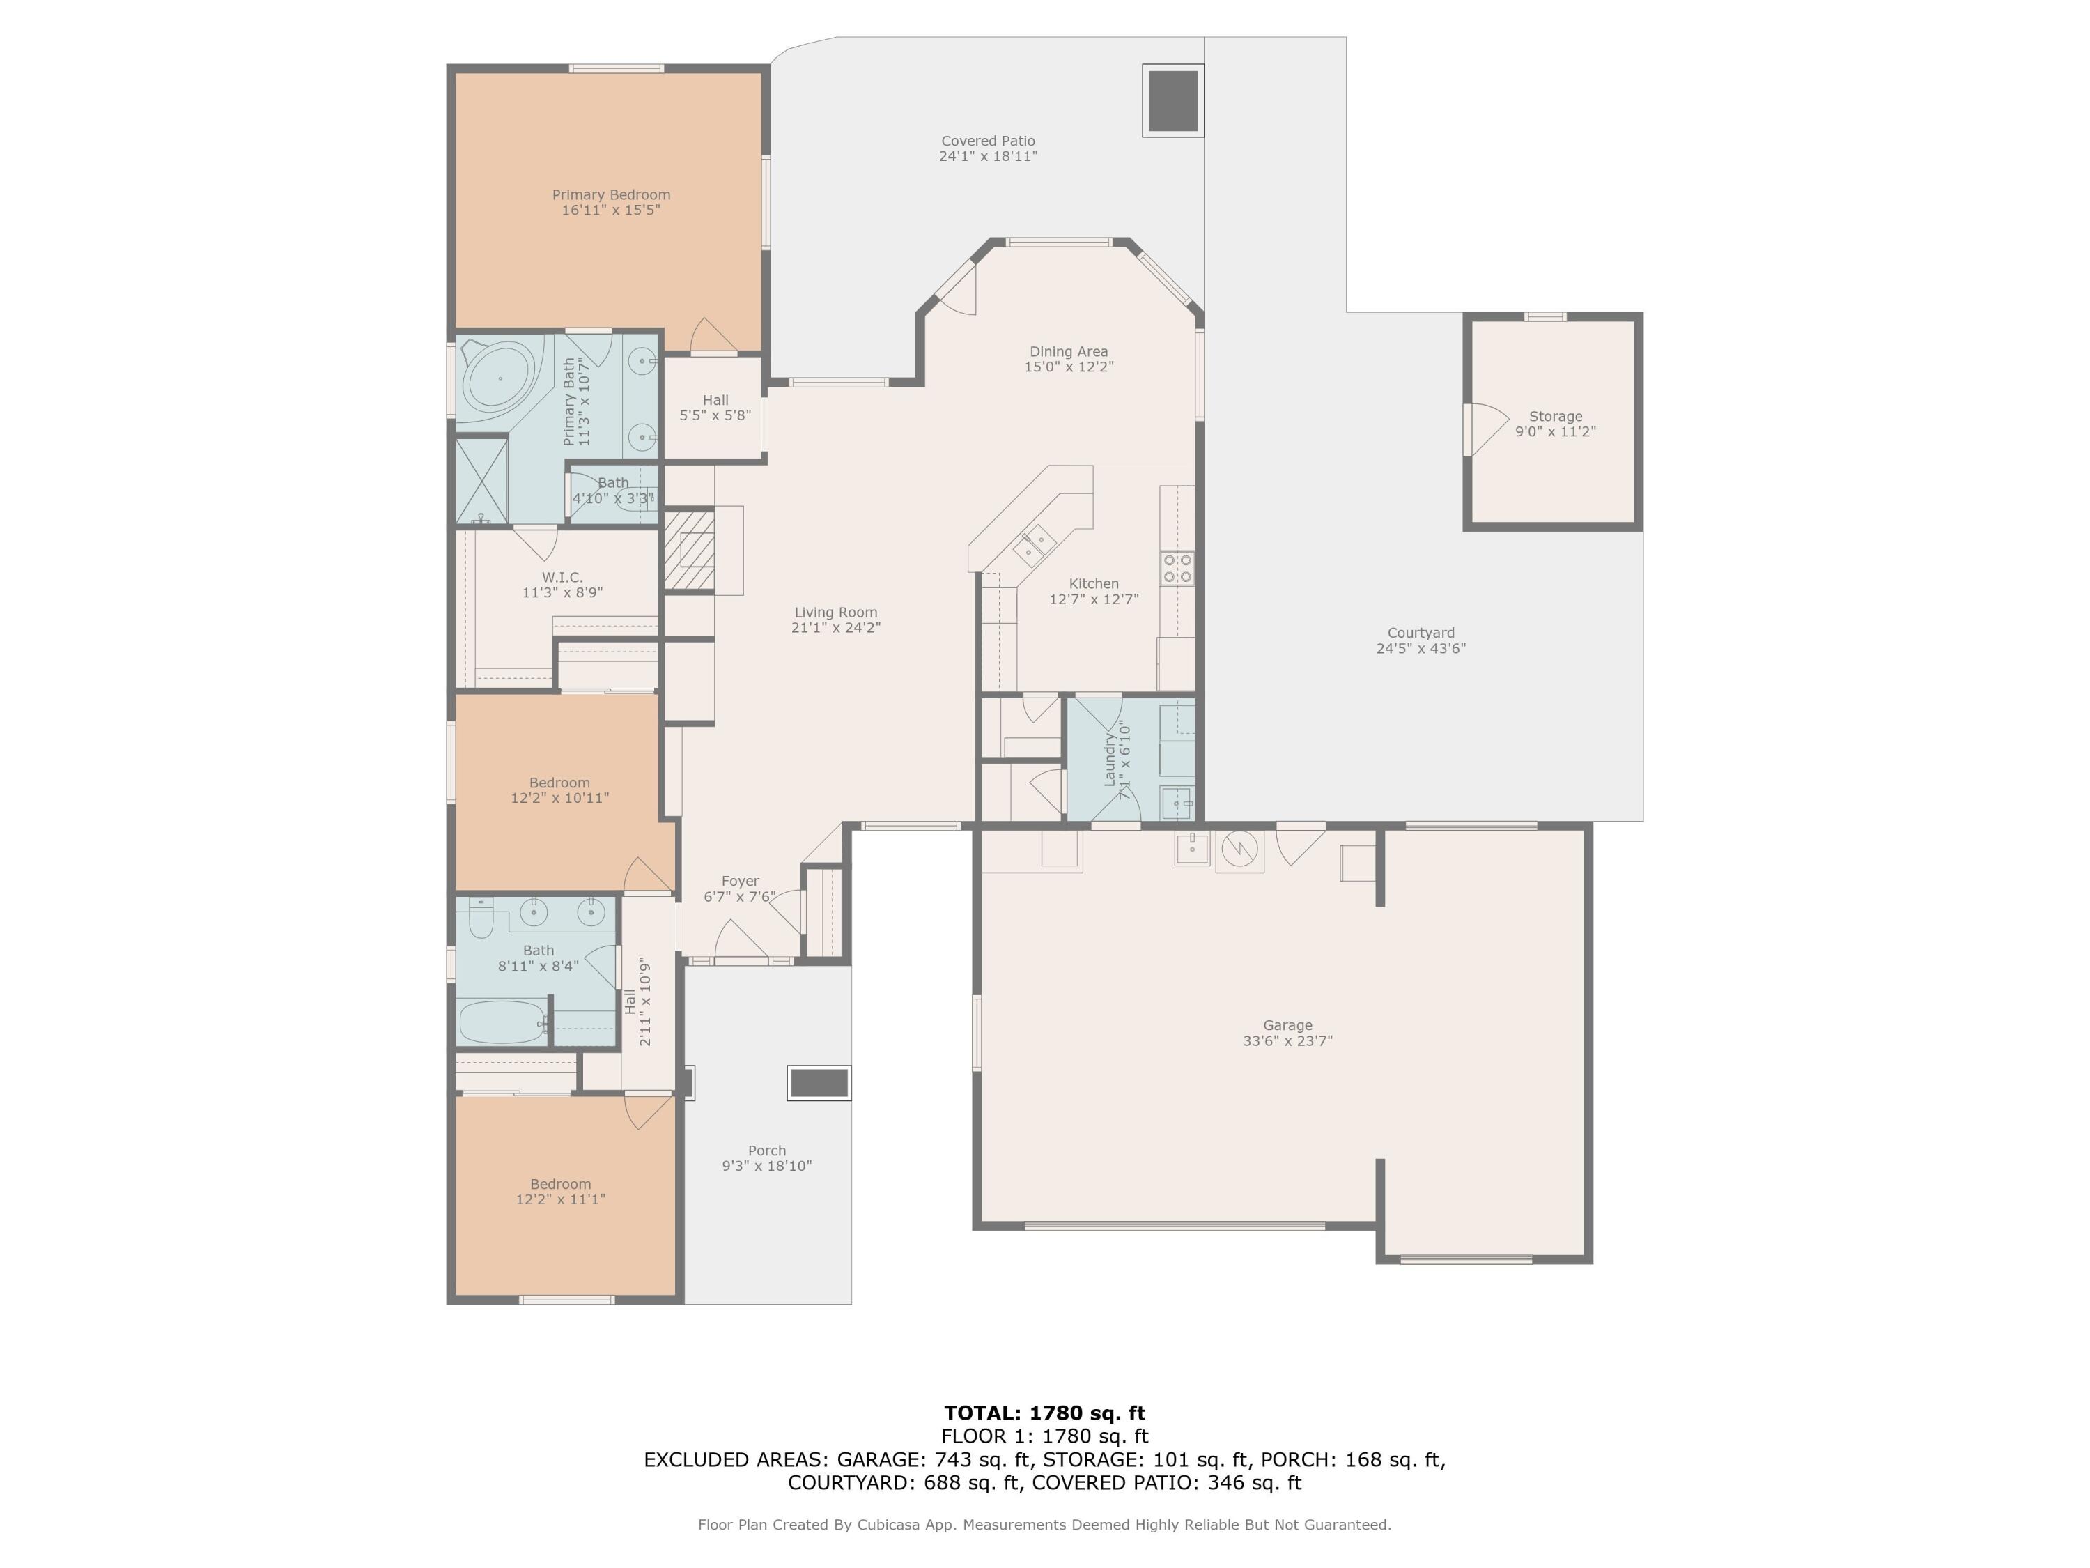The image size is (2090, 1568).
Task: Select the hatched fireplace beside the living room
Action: click(690, 549)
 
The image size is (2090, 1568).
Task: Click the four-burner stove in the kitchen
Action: click(1177, 569)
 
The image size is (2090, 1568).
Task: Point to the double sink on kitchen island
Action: click(1035, 546)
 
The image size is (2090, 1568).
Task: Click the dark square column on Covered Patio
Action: click(1173, 100)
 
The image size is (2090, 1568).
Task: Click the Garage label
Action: click(1288, 1026)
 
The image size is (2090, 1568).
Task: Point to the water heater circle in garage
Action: click(1239, 850)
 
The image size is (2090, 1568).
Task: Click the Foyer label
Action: click(740, 881)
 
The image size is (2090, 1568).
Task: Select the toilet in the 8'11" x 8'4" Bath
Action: click(481, 918)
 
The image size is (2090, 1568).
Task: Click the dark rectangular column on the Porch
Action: click(819, 1083)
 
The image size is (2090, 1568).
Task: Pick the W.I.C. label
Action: click(562, 578)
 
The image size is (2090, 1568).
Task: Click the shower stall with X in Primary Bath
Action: click(483, 481)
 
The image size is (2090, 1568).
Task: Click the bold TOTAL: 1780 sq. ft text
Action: click(1044, 1413)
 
